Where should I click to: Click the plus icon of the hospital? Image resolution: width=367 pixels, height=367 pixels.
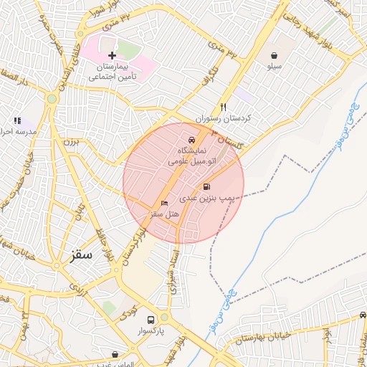pos(111,55)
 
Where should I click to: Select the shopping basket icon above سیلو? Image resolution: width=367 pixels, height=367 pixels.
pos(275,55)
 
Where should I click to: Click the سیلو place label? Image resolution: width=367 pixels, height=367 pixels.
pos(275,67)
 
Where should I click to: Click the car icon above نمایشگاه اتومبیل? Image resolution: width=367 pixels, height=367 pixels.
pos(191,140)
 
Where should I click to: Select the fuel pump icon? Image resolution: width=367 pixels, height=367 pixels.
pos(207,186)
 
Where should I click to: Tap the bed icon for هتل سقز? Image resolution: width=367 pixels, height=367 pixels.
pos(164,204)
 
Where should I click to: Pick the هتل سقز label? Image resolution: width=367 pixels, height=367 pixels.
pos(164,214)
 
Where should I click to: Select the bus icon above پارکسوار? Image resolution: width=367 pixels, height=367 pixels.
pos(151,320)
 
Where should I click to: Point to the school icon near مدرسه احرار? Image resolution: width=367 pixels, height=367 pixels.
pos(17,121)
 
